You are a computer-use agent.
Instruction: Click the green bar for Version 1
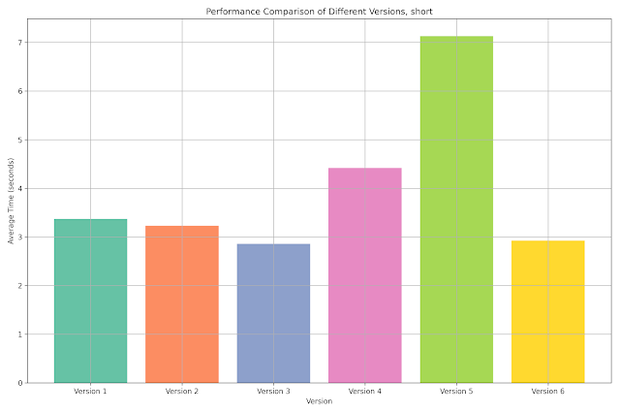pyautogui.click(x=90, y=301)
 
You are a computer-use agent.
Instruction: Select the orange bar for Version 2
pyautogui.click(x=182, y=304)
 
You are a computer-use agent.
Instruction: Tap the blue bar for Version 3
pyautogui.click(x=273, y=313)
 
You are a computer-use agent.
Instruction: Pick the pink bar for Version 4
pyautogui.click(x=365, y=275)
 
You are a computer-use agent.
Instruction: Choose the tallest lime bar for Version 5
pyautogui.click(x=456, y=209)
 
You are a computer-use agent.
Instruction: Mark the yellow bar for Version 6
pyautogui.click(x=548, y=311)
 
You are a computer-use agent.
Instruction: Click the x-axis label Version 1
pyautogui.click(x=90, y=392)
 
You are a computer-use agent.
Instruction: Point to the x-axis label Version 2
pyautogui.click(x=182, y=392)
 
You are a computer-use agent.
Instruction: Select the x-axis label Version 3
pyautogui.click(x=273, y=392)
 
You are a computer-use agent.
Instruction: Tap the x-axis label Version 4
pyautogui.click(x=365, y=392)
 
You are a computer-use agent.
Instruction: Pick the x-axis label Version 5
pyautogui.click(x=456, y=392)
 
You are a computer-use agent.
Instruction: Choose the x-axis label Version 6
pyautogui.click(x=548, y=392)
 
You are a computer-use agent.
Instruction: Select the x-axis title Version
pyautogui.click(x=319, y=401)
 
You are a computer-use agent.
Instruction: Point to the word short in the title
pyautogui.click(x=421, y=12)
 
